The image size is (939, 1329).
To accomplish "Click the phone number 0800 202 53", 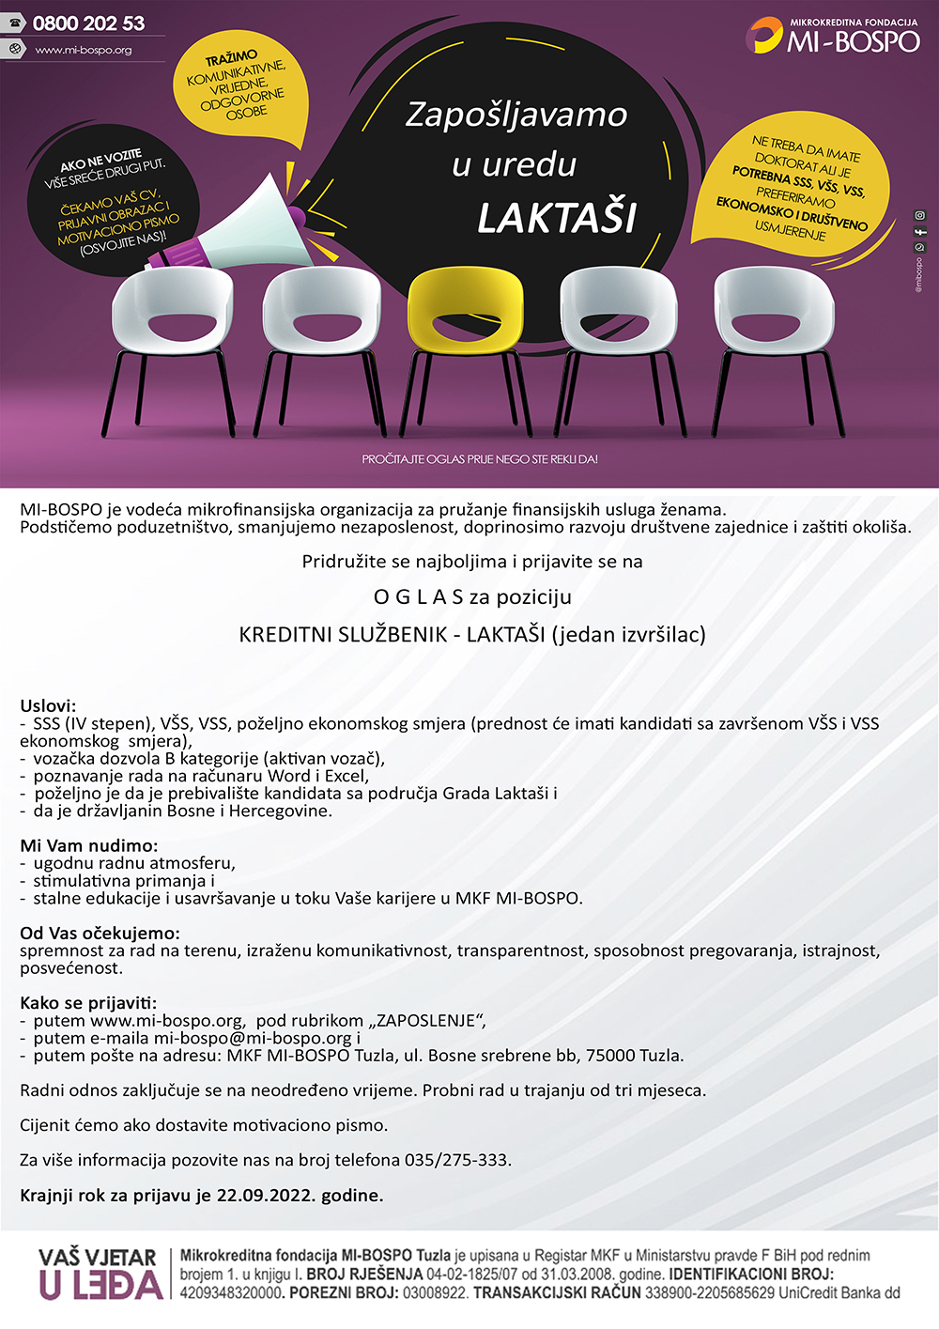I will pyautogui.click(x=88, y=23).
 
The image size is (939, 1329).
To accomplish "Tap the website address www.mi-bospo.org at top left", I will pyautogui.click(x=84, y=50).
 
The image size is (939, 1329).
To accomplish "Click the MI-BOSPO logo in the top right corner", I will pyautogui.click(x=833, y=36).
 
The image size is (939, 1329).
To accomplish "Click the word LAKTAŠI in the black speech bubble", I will pyautogui.click(x=557, y=219).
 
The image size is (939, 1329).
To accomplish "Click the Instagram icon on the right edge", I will pyautogui.click(x=920, y=215).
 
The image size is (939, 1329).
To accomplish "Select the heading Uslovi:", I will pyautogui.click(x=48, y=706).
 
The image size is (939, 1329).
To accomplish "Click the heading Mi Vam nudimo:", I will pyautogui.click(x=89, y=845).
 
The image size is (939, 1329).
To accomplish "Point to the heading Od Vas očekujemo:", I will pyautogui.click(x=100, y=933).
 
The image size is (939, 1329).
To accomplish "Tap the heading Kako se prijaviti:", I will pyautogui.click(x=88, y=1003).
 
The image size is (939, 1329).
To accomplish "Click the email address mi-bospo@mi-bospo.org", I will pyautogui.click(x=253, y=1038).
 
